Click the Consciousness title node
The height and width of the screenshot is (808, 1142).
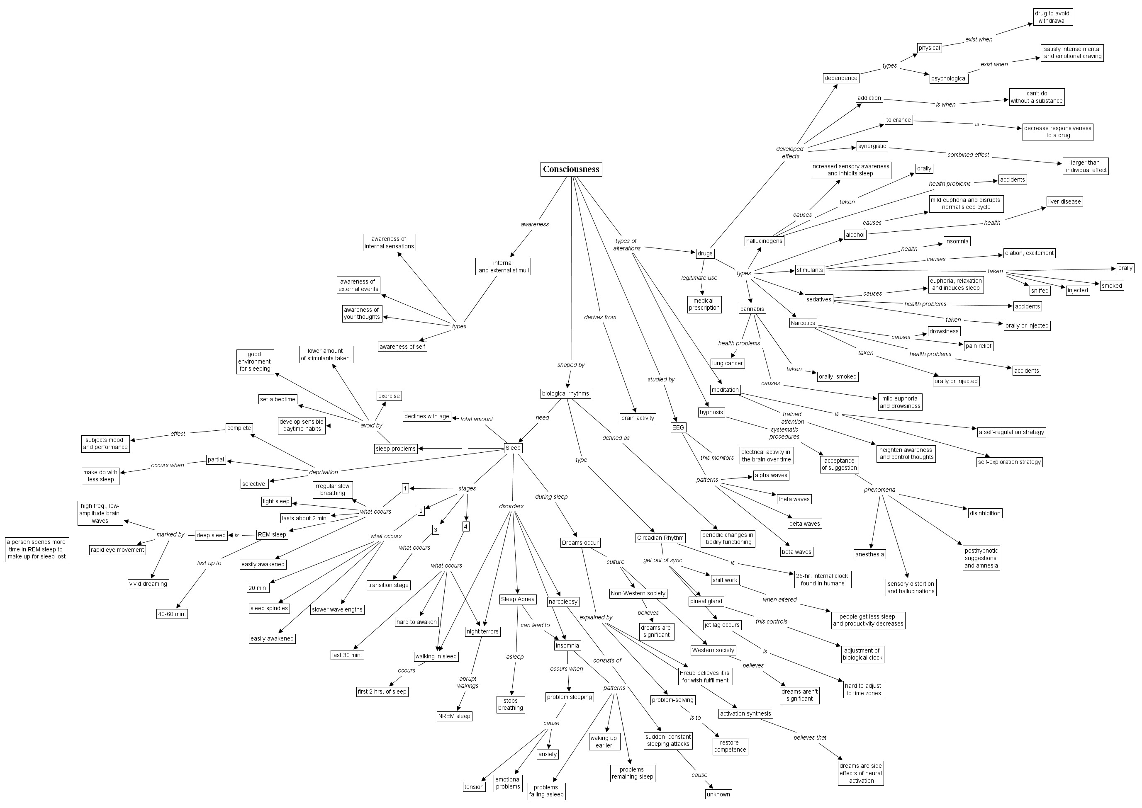(570, 169)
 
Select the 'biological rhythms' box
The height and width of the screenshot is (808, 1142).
(565, 393)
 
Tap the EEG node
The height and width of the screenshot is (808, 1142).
(678, 427)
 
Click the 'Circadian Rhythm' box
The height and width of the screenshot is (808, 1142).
(660, 538)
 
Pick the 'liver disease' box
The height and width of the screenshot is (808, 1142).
(1064, 201)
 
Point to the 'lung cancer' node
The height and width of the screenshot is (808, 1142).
(727, 363)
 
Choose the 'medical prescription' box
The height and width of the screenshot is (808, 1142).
(704, 304)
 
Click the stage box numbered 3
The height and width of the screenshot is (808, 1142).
(435, 530)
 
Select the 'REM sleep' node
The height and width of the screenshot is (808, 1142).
(272, 535)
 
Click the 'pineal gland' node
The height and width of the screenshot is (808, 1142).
(706, 601)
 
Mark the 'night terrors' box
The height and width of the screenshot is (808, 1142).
(482, 631)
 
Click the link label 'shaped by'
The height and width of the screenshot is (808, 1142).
(570, 365)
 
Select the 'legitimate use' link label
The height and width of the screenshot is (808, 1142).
(699, 278)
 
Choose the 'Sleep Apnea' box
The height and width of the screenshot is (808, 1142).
(517, 599)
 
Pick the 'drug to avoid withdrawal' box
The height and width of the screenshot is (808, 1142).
(1052, 17)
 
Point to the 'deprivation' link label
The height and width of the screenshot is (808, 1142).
(323, 473)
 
